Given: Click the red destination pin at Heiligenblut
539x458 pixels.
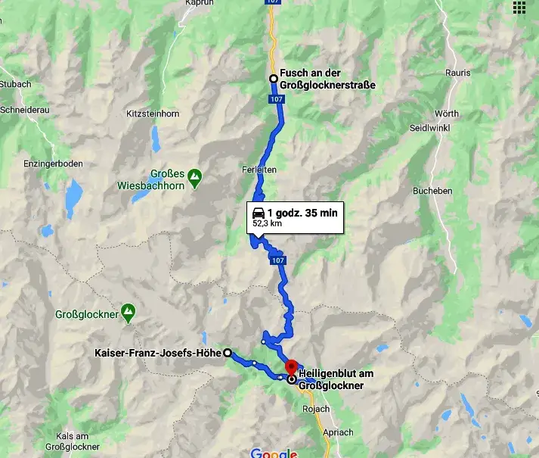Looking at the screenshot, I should [291, 367].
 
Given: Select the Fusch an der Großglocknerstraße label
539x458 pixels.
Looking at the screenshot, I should [327, 79].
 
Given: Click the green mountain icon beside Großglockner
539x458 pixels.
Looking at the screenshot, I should [129, 310].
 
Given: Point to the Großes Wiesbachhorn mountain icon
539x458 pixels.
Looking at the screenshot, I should [195, 177].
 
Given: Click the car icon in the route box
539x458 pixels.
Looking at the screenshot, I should [259, 213].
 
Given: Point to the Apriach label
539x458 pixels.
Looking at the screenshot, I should [337, 432].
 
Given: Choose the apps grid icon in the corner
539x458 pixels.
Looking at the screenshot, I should [519, 8].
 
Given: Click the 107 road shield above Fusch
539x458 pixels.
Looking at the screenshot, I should [274, 2].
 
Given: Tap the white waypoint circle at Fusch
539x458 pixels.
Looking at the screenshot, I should [274, 79].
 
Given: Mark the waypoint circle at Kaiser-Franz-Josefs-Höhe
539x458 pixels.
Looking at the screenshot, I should [228, 353].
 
